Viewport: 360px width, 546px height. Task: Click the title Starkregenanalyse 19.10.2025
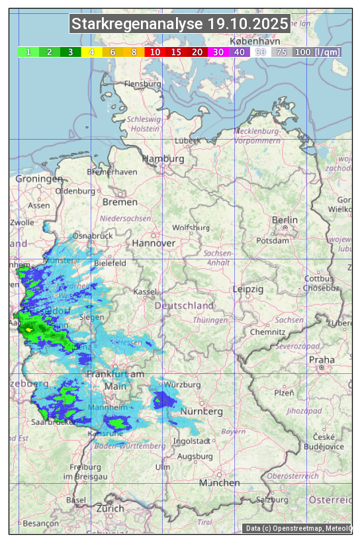(x=180, y=24)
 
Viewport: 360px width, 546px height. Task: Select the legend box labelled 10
(x=155, y=52)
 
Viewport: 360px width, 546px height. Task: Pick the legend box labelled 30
(x=218, y=52)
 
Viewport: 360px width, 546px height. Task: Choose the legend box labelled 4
(x=92, y=52)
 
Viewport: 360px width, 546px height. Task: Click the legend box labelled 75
(x=281, y=52)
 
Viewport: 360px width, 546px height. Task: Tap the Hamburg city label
(x=163, y=159)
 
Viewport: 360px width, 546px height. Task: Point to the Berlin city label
(x=285, y=220)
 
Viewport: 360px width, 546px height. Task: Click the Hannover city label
(x=154, y=243)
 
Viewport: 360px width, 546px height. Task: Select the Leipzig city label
(x=248, y=289)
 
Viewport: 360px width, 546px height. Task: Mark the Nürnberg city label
(x=201, y=411)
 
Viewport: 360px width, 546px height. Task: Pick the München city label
(x=220, y=483)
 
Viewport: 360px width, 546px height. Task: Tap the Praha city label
(x=321, y=359)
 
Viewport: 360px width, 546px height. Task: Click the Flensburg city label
(x=142, y=84)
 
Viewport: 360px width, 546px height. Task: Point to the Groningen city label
(x=39, y=179)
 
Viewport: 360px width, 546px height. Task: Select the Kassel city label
(x=144, y=292)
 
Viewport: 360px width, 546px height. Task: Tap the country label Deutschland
(x=184, y=306)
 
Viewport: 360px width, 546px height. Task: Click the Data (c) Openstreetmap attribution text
(x=298, y=528)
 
